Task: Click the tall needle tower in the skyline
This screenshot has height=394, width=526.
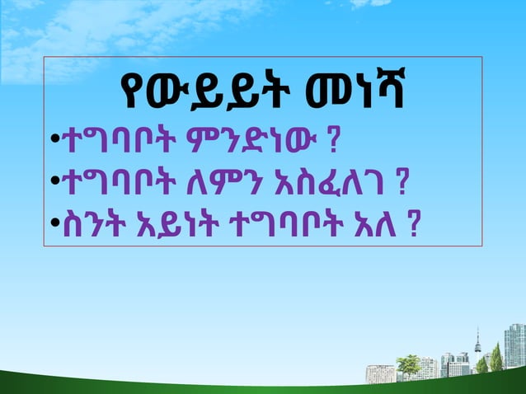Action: (477, 346)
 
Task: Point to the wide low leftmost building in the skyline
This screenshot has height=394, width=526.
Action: (379, 373)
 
